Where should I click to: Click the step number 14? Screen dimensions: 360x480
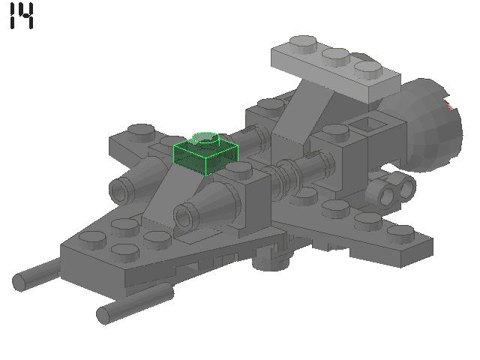[x=22, y=16]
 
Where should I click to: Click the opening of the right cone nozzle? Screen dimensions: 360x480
[x=183, y=218]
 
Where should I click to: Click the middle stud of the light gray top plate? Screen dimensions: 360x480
[x=335, y=56]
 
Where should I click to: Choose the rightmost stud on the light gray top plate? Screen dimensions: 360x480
[x=368, y=70]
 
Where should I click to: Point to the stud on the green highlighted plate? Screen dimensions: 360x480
[x=205, y=139]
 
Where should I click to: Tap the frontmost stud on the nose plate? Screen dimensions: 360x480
[x=92, y=240]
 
